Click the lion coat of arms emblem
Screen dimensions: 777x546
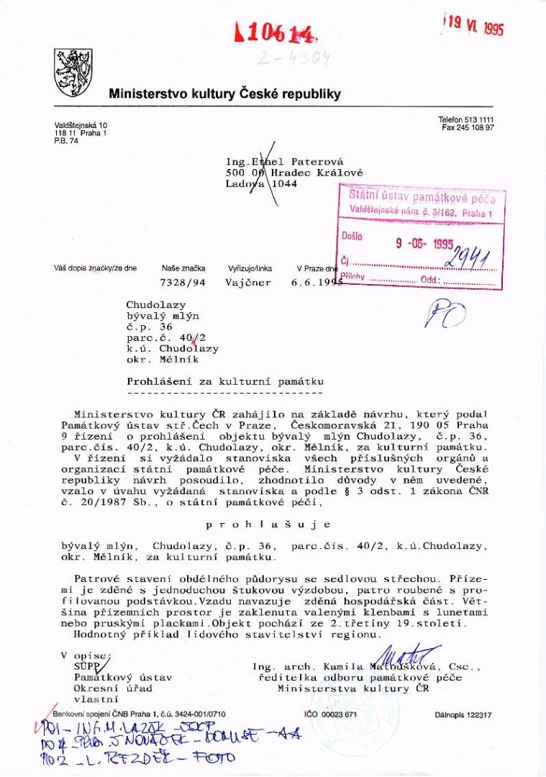coord(73,73)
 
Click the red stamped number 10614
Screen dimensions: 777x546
coord(274,32)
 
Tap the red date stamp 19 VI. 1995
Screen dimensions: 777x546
coord(473,26)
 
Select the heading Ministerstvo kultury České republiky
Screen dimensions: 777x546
coord(224,94)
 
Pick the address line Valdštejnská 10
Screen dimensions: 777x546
coord(81,126)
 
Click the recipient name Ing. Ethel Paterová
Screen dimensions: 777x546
coord(286,162)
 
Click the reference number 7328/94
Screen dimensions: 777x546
coord(183,283)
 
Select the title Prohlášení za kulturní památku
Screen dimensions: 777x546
coord(225,381)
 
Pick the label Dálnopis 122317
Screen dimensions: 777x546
coord(463,714)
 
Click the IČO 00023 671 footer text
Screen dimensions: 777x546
coord(331,714)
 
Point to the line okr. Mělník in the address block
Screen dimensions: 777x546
coord(162,359)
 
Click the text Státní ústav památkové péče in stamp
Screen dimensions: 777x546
coord(422,195)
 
